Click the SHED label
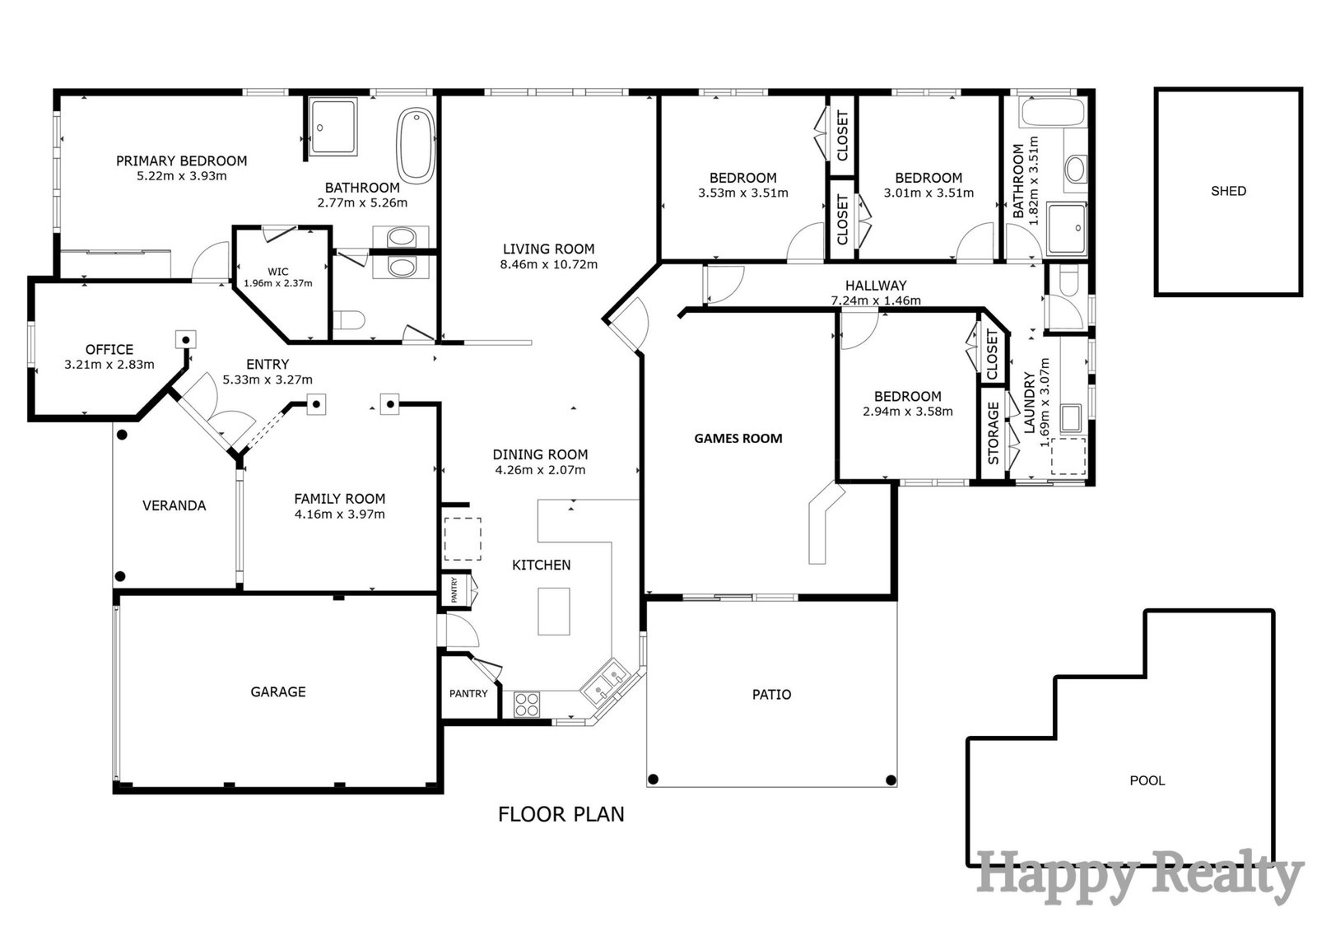click(x=1228, y=191)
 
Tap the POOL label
click(x=1147, y=780)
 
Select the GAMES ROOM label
click(x=738, y=438)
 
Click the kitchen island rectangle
click(x=554, y=611)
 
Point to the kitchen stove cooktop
click(x=527, y=705)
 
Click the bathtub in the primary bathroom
click(x=416, y=145)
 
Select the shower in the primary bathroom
click(x=333, y=127)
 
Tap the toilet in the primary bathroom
click(x=349, y=320)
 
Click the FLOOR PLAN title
click(x=561, y=814)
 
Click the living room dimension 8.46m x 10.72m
click(x=548, y=265)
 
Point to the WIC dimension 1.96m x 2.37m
click(x=278, y=283)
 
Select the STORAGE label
click(x=993, y=433)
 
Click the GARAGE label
click(x=278, y=691)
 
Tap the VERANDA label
click(x=174, y=505)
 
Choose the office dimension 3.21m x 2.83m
click(x=109, y=365)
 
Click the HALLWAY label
click(x=876, y=286)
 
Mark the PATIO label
click(x=771, y=695)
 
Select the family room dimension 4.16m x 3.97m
click(x=340, y=514)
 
